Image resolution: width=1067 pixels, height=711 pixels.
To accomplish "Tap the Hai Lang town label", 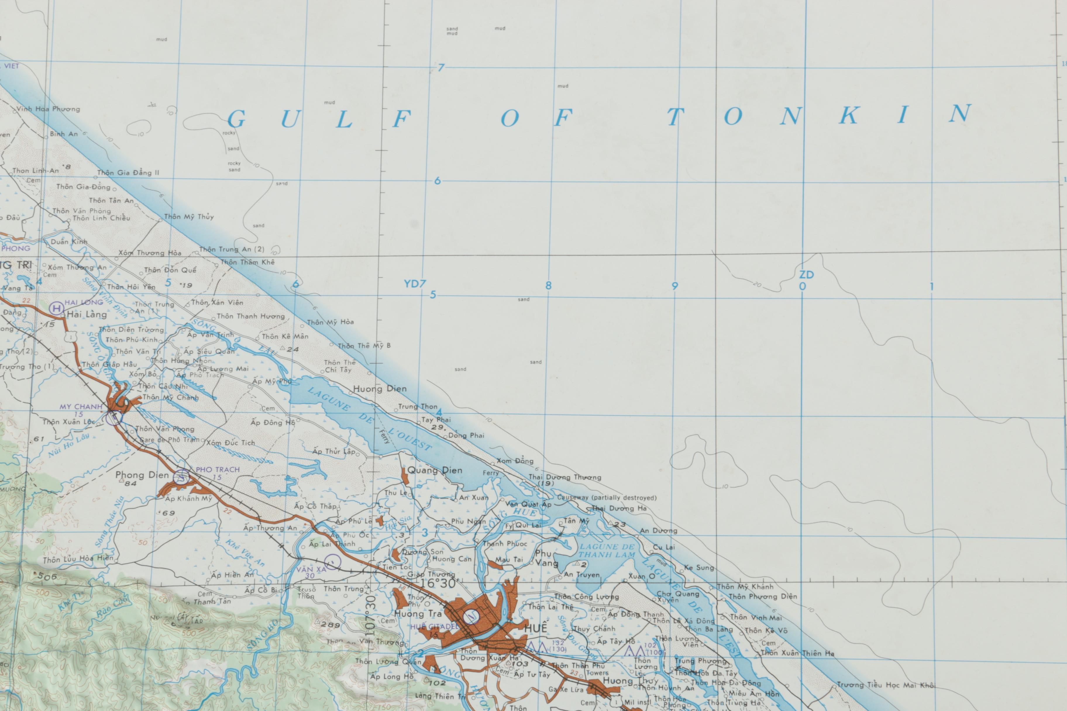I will tap(87, 314).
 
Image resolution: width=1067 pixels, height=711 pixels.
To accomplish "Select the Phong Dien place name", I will tap(142, 475).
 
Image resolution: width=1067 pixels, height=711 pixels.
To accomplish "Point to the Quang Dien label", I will tap(435, 470).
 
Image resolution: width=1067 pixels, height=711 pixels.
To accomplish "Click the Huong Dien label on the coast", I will tap(380, 389).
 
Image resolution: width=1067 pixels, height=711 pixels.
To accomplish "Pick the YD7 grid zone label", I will tap(415, 284).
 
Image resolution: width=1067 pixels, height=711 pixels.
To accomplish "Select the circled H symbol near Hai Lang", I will tap(56, 309).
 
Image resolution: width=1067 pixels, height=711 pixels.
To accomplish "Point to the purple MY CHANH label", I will tap(81, 407).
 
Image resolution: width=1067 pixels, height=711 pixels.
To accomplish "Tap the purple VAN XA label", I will tap(311, 569).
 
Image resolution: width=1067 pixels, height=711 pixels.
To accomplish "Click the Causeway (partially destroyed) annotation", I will tap(607, 497).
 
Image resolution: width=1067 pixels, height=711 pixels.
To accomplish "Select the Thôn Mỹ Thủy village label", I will tap(189, 217).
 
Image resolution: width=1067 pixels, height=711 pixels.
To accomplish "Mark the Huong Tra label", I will tap(417, 614).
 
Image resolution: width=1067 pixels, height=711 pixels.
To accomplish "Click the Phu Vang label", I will tap(546, 558).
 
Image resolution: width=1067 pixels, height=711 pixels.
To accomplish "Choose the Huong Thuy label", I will tap(624, 681).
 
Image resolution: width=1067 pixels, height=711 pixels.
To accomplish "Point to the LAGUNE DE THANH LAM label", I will tap(607, 550).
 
